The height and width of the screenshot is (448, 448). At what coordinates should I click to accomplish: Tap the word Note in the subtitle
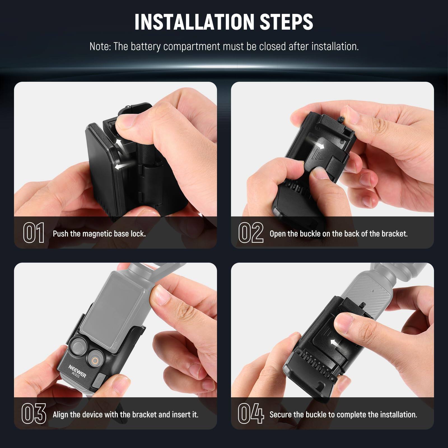click(x=100, y=46)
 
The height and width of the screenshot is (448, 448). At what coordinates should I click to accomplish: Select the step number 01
click(x=34, y=233)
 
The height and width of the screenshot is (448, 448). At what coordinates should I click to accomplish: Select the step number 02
click(x=251, y=233)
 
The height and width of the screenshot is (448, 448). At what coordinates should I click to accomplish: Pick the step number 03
click(x=34, y=414)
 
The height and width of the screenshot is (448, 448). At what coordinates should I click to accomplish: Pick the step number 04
click(x=251, y=414)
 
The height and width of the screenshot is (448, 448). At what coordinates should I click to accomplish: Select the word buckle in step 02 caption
click(x=310, y=234)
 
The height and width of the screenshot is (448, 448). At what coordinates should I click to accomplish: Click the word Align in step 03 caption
click(x=61, y=415)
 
